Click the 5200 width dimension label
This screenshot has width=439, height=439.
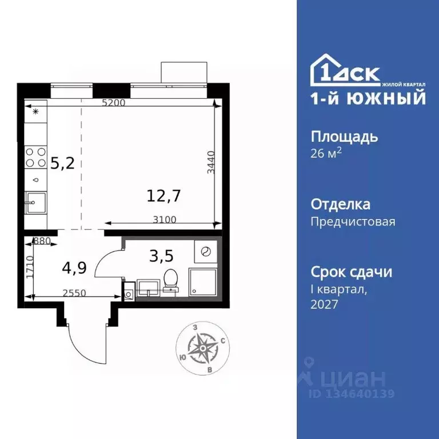tap(113, 103)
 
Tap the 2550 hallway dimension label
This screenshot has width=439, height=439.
tap(74, 293)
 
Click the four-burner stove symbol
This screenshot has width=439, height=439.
tap(35, 157)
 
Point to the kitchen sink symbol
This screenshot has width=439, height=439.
tap(35, 203)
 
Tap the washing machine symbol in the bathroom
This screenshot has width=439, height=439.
tap(203, 251)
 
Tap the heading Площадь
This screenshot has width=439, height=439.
tap(344, 137)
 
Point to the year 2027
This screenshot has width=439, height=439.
tap(325, 304)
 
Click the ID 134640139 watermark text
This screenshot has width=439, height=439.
tap(352, 394)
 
